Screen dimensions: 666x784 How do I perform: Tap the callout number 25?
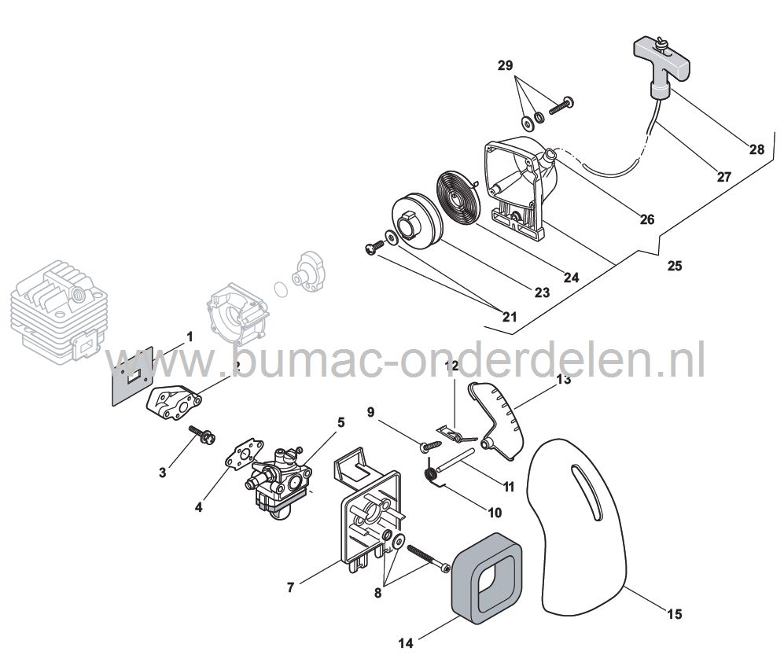pos(674,266)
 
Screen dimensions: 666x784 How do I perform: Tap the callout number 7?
pos(291,587)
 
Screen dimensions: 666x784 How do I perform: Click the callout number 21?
pos(510,317)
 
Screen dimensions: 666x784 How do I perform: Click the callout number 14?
pos(406,642)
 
